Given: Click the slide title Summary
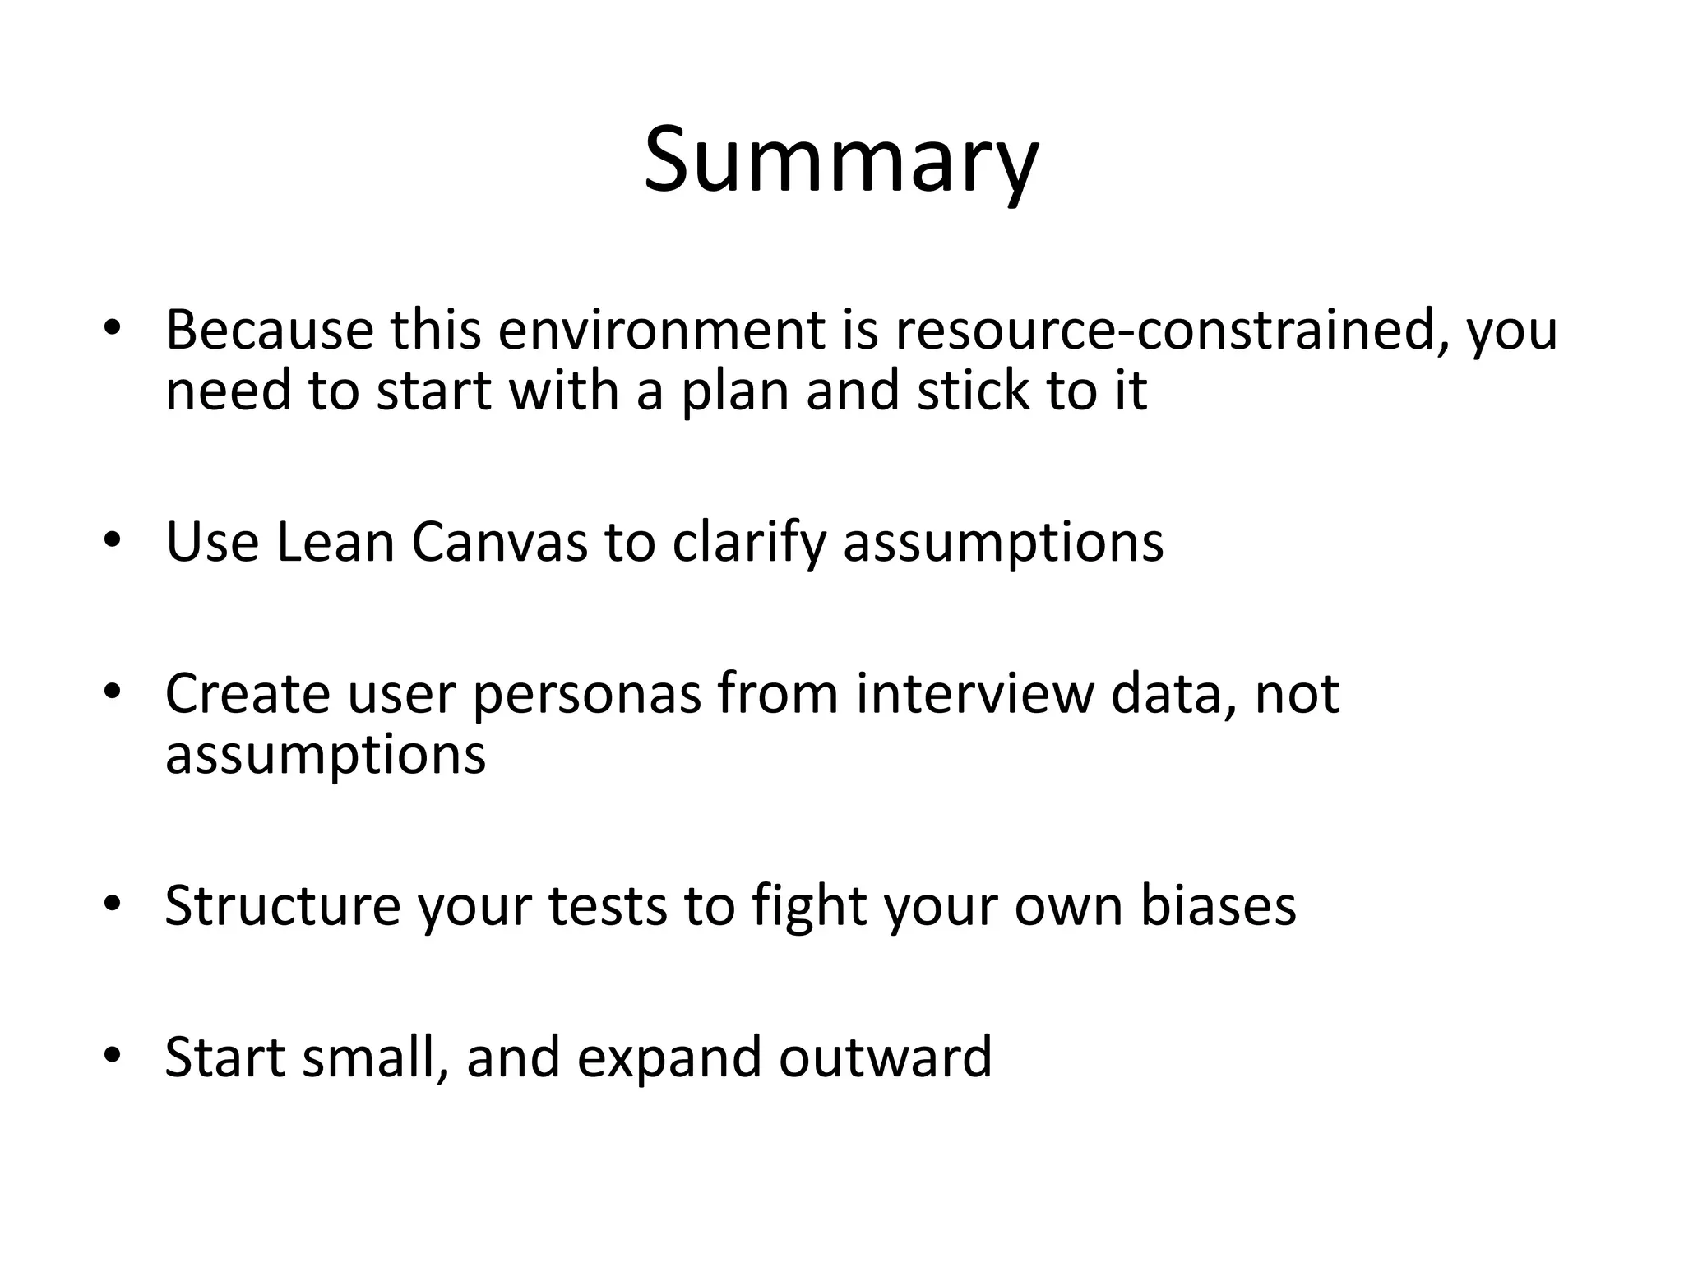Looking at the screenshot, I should [x=840, y=160].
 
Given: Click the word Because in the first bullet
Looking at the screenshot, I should [x=270, y=330].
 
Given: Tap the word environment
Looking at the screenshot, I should [x=660, y=330].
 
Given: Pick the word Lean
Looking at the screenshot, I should [x=335, y=543].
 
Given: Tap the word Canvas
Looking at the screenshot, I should [x=499, y=543].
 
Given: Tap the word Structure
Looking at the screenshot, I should [x=282, y=906].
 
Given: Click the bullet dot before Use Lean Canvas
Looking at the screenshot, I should [x=113, y=540].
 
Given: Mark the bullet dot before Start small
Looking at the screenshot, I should [x=113, y=1055].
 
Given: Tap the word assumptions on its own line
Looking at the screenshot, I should [x=326, y=756].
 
